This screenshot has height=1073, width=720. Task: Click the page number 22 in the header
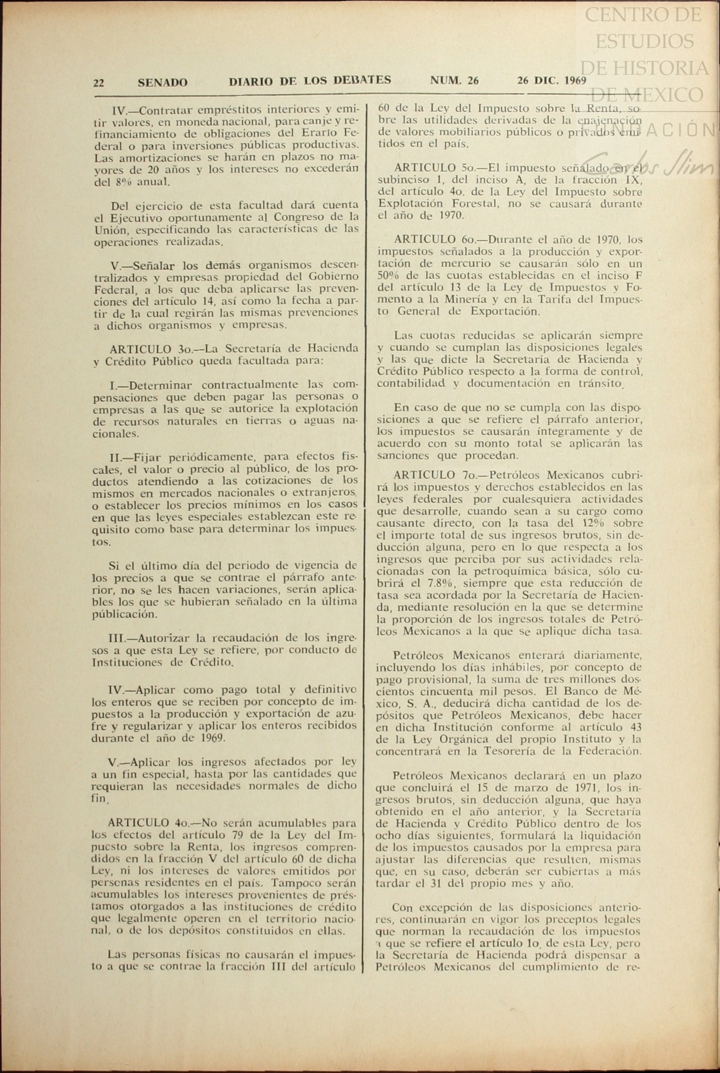[98, 83]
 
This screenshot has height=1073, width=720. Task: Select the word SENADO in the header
[162, 83]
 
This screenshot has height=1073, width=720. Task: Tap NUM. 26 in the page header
[454, 81]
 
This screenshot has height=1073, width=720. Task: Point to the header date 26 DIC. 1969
[552, 81]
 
